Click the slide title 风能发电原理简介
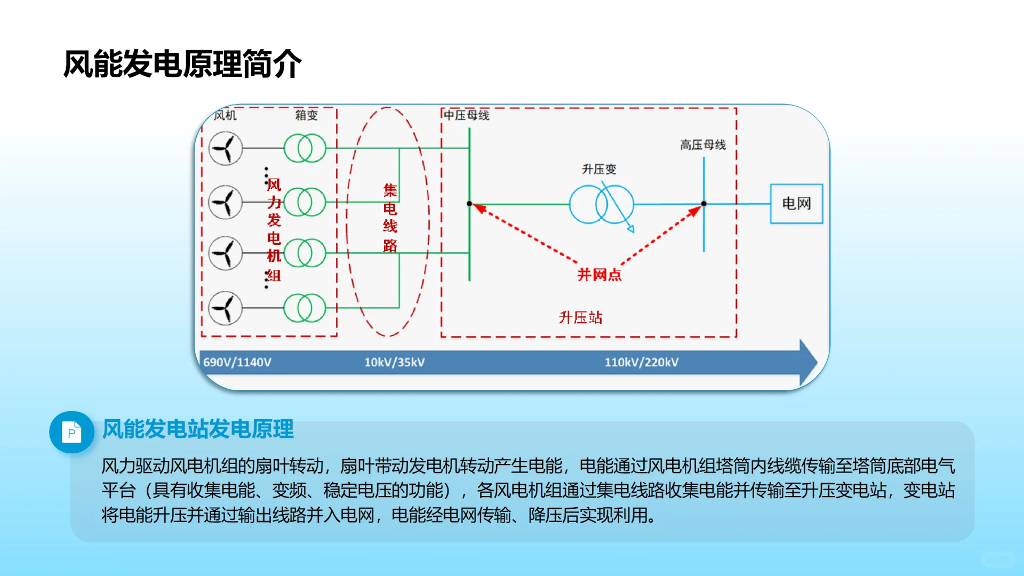pyautogui.click(x=182, y=64)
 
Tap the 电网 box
pyautogui.click(x=796, y=203)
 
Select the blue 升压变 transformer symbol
pyautogui.click(x=602, y=204)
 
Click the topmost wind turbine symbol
pyautogui.click(x=226, y=148)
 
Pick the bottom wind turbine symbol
pyautogui.click(x=226, y=308)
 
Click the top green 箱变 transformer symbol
pyautogui.click(x=305, y=148)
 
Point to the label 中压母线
pyautogui.click(x=467, y=115)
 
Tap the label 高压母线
pyautogui.click(x=703, y=145)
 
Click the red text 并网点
pyautogui.click(x=599, y=275)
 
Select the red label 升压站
pyautogui.click(x=580, y=318)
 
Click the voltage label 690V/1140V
pyautogui.click(x=237, y=362)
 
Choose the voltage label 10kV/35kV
pyautogui.click(x=395, y=362)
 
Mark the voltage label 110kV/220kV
pyautogui.click(x=642, y=362)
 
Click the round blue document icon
pyautogui.click(x=71, y=432)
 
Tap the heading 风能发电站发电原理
pyautogui.click(x=198, y=429)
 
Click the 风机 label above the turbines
pyautogui.click(x=225, y=115)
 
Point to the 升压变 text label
pyautogui.click(x=599, y=169)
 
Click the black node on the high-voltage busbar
pyautogui.click(x=704, y=204)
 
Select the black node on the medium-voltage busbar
pyautogui.click(x=469, y=204)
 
